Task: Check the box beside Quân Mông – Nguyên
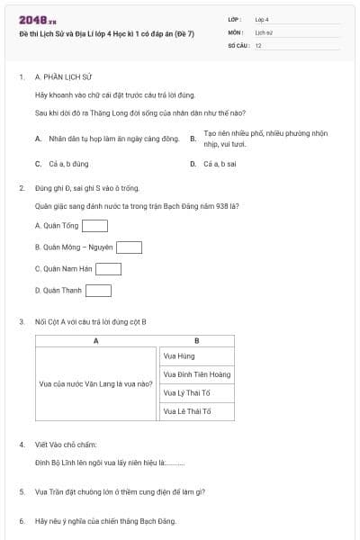[x=129, y=247]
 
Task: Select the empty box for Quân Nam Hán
[x=108, y=268]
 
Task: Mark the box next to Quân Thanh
[x=97, y=290]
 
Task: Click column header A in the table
[x=95, y=341]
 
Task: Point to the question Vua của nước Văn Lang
[x=95, y=383]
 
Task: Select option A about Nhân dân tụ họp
[x=106, y=139]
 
